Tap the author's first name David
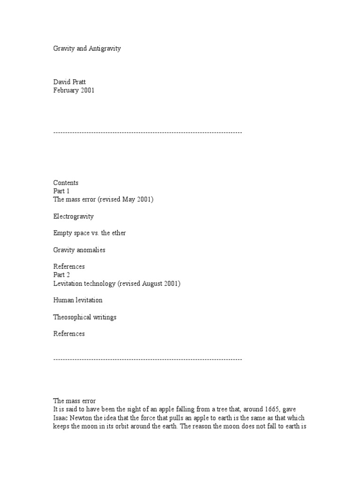tap(62, 82)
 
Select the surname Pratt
tap(82, 82)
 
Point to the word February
tap(66, 90)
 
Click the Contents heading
tap(66, 183)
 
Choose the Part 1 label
tap(61, 191)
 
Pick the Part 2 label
tap(62, 275)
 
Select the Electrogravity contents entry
tap(73, 217)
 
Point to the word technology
tap(99, 283)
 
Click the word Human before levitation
tap(64, 300)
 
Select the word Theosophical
tap(73, 317)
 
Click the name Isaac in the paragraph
tap(61, 418)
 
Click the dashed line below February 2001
tap(148, 133)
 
